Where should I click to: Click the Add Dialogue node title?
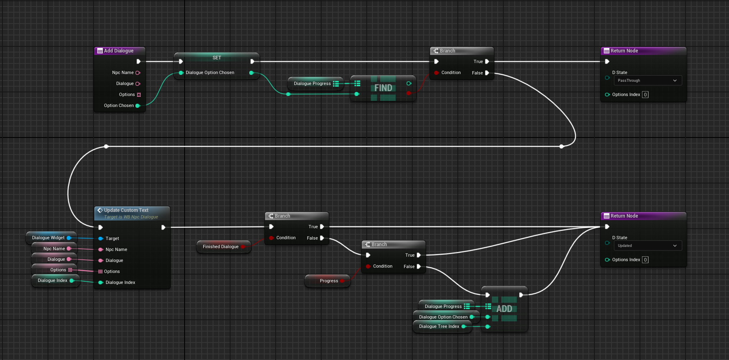tap(118, 51)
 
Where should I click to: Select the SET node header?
tap(217, 58)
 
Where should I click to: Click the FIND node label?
tap(383, 88)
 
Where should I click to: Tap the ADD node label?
tap(504, 309)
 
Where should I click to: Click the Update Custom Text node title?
tap(126, 210)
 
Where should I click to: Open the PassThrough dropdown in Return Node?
tap(647, 81)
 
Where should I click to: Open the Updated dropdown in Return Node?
tap(647, 246)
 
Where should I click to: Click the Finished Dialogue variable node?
tap(221, 247)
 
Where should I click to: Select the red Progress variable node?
tap(329, 281)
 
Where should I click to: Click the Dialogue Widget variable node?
tap(48, 238)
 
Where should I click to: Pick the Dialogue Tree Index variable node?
tap(439, 326)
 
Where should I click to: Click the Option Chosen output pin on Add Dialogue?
tap(138, 106)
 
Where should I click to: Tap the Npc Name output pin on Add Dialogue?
tap(138, 73)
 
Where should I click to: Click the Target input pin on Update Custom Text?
tap(101, 238)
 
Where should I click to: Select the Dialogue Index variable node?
tap(52, 280)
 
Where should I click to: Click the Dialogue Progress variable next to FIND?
tap(312, 83)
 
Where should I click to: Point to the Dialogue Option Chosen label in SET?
tap(210, 73)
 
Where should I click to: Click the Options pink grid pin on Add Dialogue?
tap(139, 95)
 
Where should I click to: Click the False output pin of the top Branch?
tap(487, 73)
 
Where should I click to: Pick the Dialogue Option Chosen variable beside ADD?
tap(443, 317)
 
